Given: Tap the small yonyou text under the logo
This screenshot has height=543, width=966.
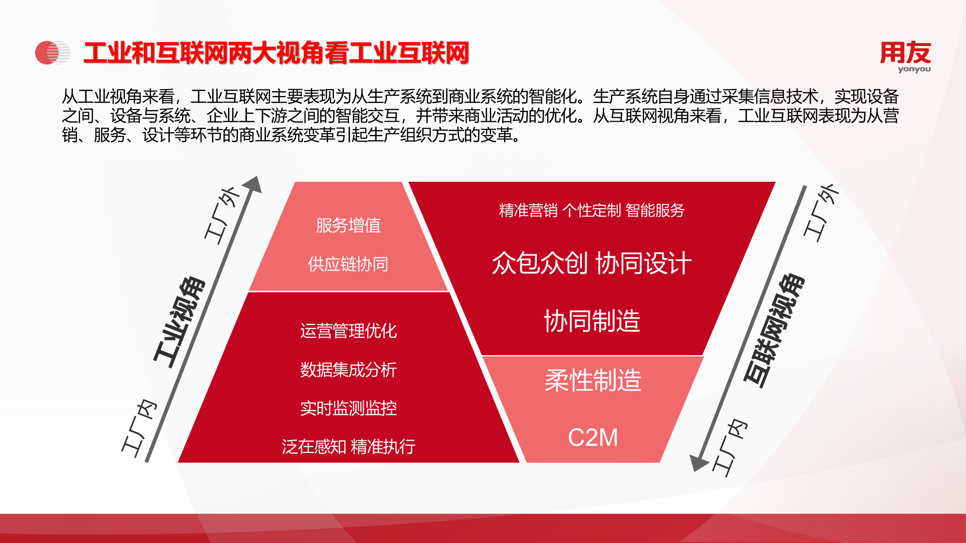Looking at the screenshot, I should pyautogui.click(x=914, y=69).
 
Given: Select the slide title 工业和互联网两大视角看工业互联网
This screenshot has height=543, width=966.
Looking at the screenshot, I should pyautogui.click(x=276, y=53).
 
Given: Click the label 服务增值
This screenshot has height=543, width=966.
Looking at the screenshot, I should pyautogui.click(x=348, y=225).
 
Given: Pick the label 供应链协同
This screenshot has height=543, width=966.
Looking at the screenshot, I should pyautogui.click(x=348, y=264).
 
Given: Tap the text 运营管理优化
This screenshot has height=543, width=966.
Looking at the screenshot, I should pyautogui.click(x=348, y=331).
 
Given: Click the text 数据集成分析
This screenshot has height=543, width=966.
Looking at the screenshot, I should pyautogui.click(x=348, y=370).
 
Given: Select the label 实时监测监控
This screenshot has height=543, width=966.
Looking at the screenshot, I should pyautogui.click(x=348, y=408).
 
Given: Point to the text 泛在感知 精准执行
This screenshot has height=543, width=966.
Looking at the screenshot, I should pyautogui.click(x=348, y=447).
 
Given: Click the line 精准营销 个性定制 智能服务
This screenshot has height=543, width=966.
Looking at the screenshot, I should pyautogui.click(x=592, y=210).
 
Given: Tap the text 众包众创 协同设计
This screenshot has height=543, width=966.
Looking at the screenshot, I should pyautogui.click(x=592, y=263).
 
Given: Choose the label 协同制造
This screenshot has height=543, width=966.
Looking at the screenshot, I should pyautogui.click(x=592, y=321).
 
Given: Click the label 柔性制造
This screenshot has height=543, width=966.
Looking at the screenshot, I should pyautogui.click(x=593, y=380).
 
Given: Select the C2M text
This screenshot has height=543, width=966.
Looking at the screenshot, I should pyautogui.click(x=593, y=437).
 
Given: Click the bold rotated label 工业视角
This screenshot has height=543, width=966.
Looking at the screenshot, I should pyautogui.click(x=180, y=322).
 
